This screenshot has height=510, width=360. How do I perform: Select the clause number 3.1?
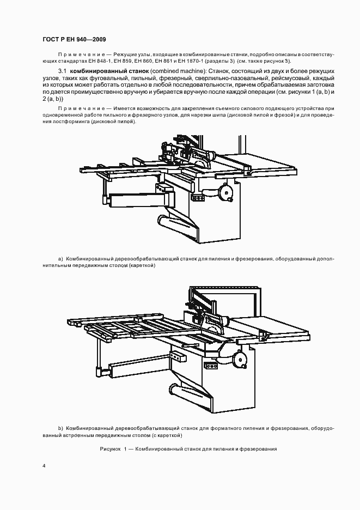coord(62,71)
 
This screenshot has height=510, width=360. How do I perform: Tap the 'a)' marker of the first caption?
coord(60,258)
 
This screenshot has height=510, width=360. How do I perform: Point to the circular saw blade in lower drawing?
coord(217,325)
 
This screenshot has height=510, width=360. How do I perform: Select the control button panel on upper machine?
coord(162,188)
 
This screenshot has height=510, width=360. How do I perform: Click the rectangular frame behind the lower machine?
coord(255,303)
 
